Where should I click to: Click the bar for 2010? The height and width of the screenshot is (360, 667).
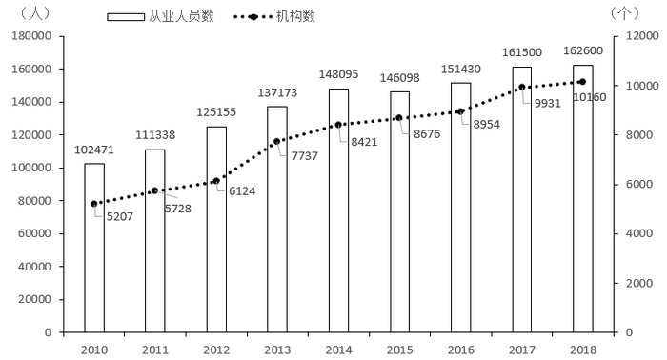(94, 248)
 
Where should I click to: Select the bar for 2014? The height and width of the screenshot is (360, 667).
(338, 210)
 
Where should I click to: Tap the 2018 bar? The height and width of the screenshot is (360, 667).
(583, 198)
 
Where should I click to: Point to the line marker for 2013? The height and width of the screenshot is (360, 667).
(277, 141)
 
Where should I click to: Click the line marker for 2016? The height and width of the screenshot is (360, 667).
(460, 111)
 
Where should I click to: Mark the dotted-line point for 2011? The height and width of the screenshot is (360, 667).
(154, 190)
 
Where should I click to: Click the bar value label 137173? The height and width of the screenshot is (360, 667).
(277, 92)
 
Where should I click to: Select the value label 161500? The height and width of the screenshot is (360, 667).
(522, 52)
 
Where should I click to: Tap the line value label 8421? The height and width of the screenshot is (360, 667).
(364, 142)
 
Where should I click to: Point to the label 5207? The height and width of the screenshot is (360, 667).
(120, 217)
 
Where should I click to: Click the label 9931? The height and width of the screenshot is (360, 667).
(548, 103)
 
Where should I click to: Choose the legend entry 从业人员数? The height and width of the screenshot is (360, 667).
(160, 16)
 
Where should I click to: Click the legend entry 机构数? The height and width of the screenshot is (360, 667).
(274, 16)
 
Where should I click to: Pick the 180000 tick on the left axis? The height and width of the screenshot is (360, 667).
(31, 35)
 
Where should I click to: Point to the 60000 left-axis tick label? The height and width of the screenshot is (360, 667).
(35, 233)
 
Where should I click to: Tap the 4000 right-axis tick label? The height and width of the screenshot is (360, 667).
(639, 233)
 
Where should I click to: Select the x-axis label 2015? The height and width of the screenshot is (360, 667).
(400, 350)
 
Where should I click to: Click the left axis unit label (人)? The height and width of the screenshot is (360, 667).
(34, 12)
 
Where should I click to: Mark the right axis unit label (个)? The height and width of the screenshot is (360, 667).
(624, 12)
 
